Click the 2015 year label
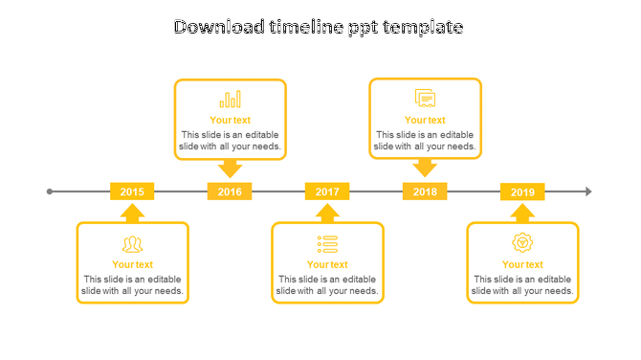[x=132, y=191]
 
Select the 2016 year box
[x=230, y=191]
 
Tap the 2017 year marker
[x=327, y=191]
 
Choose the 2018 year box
[x=425, y=191]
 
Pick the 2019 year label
[x=522, y=191]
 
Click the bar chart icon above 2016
[x=230, y=99]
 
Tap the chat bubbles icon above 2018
[x=425, y=98]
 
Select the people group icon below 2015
[x=132, y=244]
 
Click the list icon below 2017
[x=327, y=244]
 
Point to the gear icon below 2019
[x=522, y=243]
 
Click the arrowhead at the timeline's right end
[x=588, y=191]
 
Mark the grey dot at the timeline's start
[x=50, y=191]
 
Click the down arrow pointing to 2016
[x=230, y=169]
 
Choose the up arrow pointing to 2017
[x=327, y=213]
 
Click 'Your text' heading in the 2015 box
[x=132, y=264]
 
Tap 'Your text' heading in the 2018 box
[x=425, y=120]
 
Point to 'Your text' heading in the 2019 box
[x=522, y=264]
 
